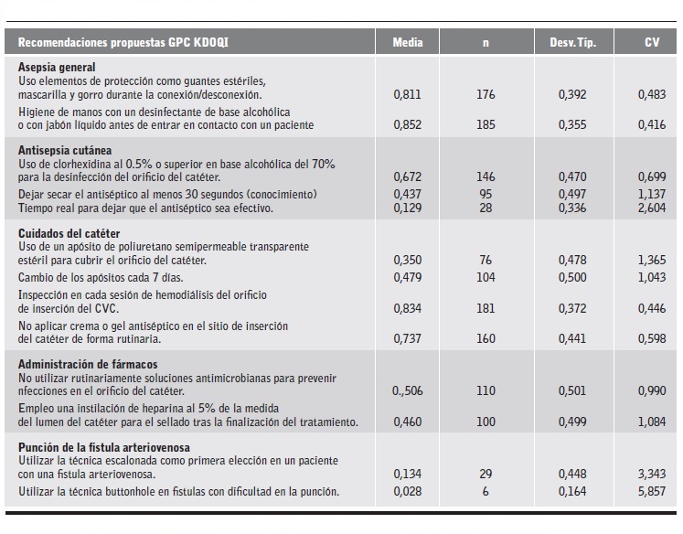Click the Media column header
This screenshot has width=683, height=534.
point(407,42)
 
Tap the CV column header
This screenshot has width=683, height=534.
point(652,42)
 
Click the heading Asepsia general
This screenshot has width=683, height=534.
point(57,68)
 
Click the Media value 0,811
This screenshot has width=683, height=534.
point(407,93)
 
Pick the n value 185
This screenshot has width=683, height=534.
point(486,124)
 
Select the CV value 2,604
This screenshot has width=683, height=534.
point(652,208)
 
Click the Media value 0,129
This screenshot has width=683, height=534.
point(407,208)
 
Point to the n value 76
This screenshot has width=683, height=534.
point(486,261)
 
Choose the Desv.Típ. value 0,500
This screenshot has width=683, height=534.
point(573,277)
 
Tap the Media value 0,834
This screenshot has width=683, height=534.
point(407,309)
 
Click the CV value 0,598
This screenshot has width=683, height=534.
point(652,338)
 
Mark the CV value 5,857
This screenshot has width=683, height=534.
point(652,492)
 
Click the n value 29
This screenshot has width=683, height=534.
point(486,474)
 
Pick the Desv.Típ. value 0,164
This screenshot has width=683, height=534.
point(573,492)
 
